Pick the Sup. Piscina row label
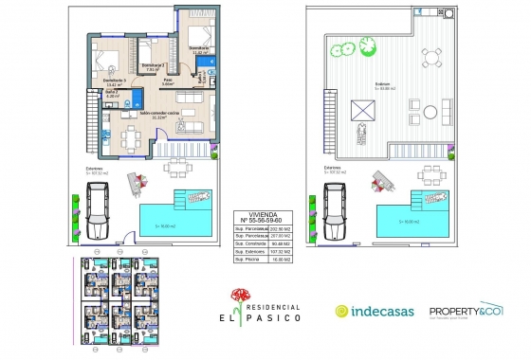(249, 259)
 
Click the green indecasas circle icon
(343, 311)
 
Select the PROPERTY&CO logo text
(465, 310)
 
